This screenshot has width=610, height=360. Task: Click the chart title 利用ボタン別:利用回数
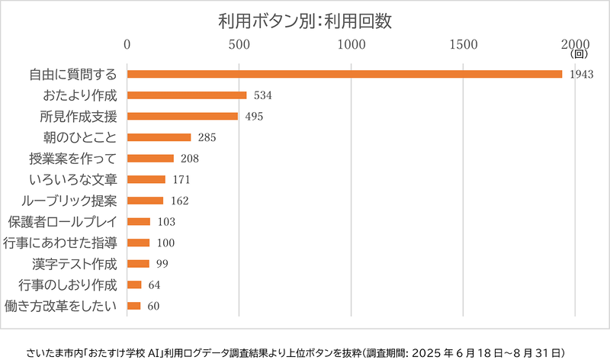tap(304, 21)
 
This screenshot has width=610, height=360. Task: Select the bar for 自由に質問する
tap(345, 74)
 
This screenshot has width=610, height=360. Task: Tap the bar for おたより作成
tap(187, 95)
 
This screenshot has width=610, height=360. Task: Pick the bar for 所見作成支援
tap(182, 116)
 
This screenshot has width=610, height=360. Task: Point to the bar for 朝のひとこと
tap(159, 137)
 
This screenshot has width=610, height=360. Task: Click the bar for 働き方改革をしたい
tap(134, 306)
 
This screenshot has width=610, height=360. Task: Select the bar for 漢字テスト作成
tap(138, 264)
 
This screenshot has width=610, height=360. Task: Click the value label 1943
tap(581, 75)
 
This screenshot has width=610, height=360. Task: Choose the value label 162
tap(179, 201)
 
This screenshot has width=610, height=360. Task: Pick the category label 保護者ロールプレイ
tap(64, 222)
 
